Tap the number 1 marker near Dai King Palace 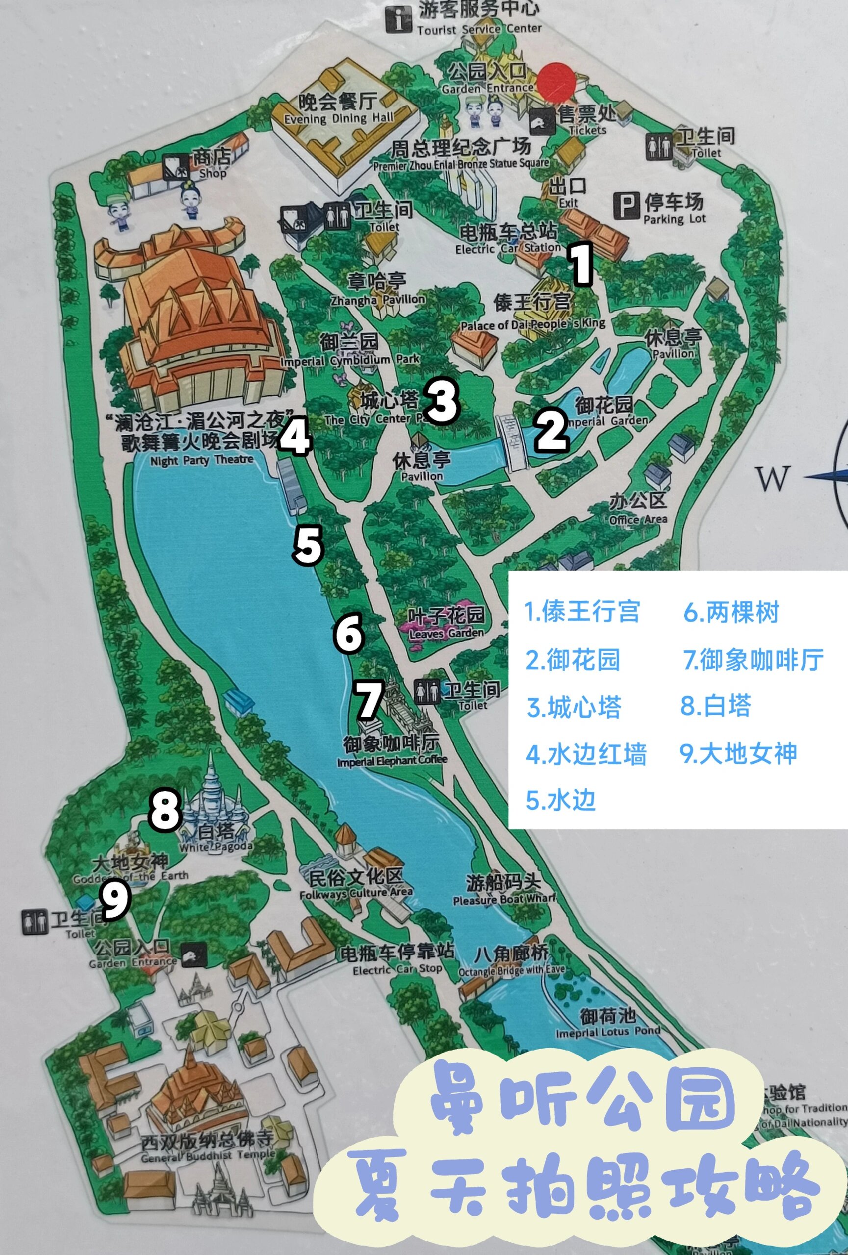pos(581,264)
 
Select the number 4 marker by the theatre pos(295,437)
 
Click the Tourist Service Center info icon pos(399,20)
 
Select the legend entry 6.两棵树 pos(731,613)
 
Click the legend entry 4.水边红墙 pos(586,754)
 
